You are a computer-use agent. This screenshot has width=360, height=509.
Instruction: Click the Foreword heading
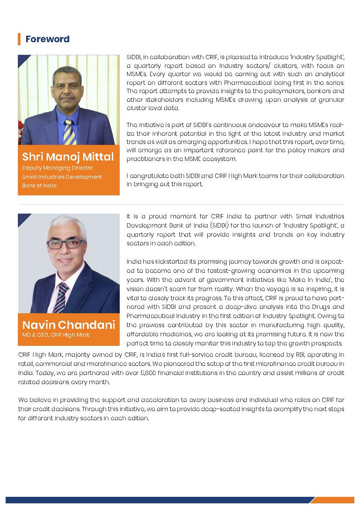tap(47, 39)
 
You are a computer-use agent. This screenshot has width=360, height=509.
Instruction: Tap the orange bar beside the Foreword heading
tap(19, 39)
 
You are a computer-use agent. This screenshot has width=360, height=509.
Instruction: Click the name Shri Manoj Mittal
tap(68, 157)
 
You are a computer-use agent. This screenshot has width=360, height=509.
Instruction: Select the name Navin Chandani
tap(68, 325)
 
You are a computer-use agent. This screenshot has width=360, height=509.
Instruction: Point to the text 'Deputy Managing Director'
tap(57, 168)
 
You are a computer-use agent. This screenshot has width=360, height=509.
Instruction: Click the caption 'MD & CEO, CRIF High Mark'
tap(56, 335)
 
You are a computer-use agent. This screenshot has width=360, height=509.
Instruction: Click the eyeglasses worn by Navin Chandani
tap(66, 244)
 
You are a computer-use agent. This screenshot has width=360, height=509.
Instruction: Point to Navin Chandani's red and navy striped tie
tap(61, 296)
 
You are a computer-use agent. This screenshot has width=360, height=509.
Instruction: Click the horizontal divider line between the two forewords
tap(181, 204)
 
